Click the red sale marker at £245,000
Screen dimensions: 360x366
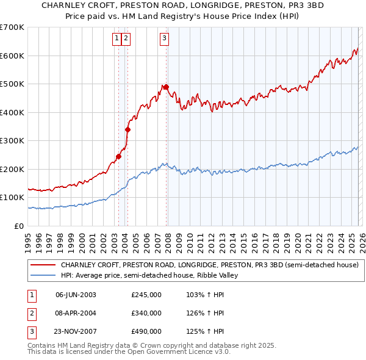118,156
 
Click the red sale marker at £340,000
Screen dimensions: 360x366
127,129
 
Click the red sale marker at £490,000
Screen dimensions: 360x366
167,87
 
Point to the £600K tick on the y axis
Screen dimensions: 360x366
12,56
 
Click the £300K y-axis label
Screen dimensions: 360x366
12,141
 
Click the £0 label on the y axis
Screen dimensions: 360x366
19,226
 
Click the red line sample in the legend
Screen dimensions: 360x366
44,265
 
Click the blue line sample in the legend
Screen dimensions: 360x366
44,275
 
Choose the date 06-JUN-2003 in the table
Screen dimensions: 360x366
76,295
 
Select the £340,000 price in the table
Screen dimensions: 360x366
146,313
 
